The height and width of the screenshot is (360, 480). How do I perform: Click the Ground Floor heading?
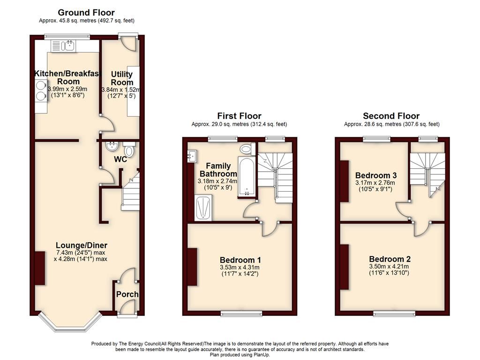[x=86, y=13]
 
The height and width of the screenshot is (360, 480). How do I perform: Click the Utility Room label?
[x=122, y=78]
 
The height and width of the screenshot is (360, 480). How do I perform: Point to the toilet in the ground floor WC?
[x=129, y=149]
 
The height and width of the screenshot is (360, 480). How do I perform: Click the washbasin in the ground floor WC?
[x=112, y=146]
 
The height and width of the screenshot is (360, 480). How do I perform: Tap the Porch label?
[x=127, y=294]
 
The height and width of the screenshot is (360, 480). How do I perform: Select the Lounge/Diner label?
[x=82, y=245]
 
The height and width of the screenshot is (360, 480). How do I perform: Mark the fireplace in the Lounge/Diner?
[x=40, y=268]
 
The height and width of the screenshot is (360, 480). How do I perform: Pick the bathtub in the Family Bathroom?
[x=247, y=176]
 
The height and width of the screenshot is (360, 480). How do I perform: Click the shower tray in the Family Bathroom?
[x=203, y=208]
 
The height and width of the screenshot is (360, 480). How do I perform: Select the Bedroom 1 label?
[x=240, y=260]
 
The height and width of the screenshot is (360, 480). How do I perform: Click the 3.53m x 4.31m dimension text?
[x=240, y=268]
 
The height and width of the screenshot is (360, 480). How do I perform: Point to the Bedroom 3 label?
[x=376, y=175]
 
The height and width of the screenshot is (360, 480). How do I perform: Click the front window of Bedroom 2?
[x=394, y=313]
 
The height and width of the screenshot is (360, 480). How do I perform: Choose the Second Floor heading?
[x=391, y=116]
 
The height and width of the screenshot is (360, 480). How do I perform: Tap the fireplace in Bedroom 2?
[x=345, y=267]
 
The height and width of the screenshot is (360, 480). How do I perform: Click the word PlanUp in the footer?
[x=262, y=355]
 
